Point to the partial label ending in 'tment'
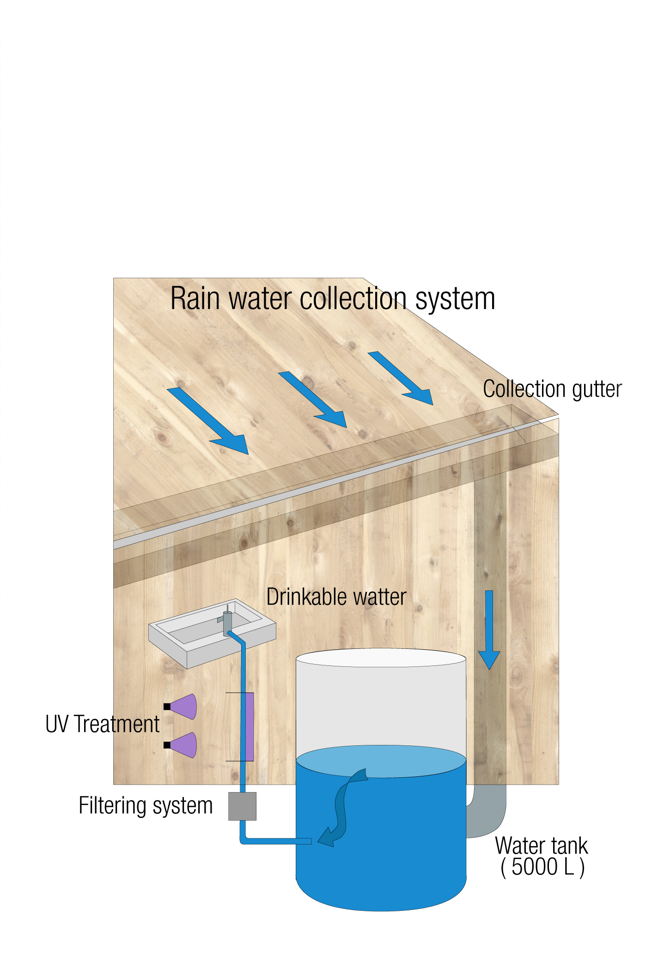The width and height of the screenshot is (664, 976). click(137, 724)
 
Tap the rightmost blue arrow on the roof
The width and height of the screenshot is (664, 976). click(402, 379)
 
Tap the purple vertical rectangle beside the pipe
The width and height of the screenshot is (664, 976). click(250, 726)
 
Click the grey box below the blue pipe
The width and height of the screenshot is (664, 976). click(242, 806)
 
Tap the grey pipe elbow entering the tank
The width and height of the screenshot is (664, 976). click(487, 813)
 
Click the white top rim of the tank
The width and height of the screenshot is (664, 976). click(381, 658)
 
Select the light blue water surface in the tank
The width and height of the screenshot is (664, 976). click(381, 761)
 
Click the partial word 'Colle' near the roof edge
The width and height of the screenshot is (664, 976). click(506, 389)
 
